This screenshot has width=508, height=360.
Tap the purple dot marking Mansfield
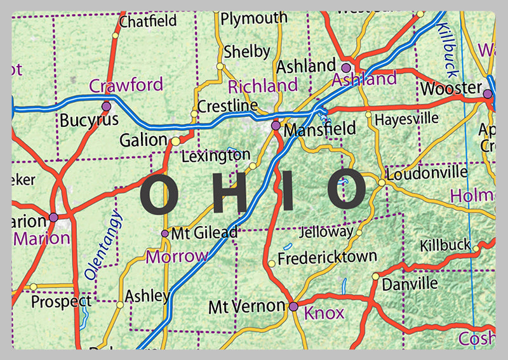[276, 126]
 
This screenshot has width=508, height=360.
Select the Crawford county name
[126, 84]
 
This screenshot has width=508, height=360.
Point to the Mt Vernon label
[247, 307]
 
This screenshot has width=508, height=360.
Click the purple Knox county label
[324, 312]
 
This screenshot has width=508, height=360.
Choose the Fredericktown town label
[327, 258]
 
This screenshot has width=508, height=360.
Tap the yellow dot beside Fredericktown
[272, 263]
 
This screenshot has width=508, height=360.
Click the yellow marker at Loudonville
[382, 183]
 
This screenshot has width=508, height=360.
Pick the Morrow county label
[177, 257]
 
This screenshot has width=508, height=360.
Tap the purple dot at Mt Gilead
[165, 234]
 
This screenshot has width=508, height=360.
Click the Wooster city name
[451, 87]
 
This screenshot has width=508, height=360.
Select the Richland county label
[262, 86]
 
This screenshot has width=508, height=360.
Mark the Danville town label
[410, 282]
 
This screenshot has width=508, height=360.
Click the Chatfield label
[147, 21]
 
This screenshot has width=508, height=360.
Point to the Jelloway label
[326, 232]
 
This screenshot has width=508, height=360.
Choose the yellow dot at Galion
[175, 141]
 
